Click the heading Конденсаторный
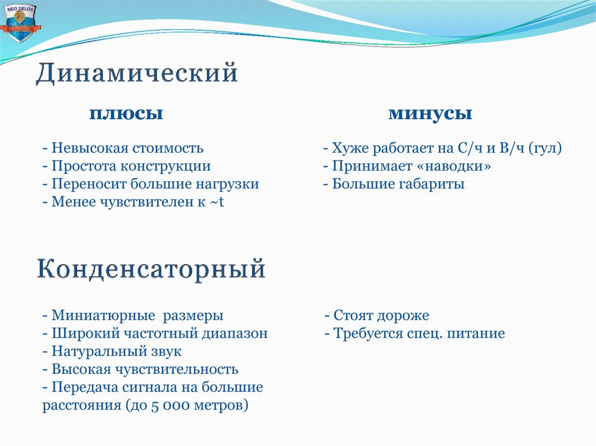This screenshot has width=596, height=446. point(152,270)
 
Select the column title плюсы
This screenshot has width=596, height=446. point(125,113)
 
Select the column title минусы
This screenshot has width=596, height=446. point(430,113)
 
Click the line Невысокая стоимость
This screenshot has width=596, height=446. point(123,148)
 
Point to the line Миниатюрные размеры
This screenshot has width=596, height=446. point(133,316)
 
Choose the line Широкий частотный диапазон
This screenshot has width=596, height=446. point(155,334)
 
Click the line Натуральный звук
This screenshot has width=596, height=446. point(112,352)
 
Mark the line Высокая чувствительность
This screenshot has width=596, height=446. point(140,369)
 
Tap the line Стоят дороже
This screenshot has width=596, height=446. point(377,316)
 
